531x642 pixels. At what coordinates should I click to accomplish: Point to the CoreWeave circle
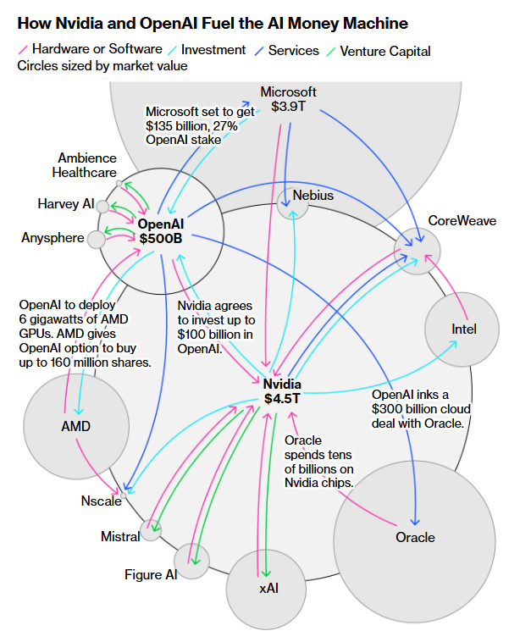click(x=418, y=250)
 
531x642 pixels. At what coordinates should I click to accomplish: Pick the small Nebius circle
click(x=292, y=202)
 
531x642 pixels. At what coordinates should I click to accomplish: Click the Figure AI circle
click(x=191, y=562)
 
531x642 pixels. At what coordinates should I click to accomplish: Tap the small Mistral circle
click(x=151, y=531)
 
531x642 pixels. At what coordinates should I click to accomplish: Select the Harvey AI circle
click(x=102, y=206)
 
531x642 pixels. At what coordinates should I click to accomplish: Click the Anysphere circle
click(x=97, y=240)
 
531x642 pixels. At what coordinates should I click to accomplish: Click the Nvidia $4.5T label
click(x=282, y=391)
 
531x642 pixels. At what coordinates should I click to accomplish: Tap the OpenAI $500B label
click(x=161, y=231)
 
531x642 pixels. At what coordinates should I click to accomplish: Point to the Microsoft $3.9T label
click(x=288, y=99)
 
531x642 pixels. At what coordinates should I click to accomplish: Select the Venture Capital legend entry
click(x=379, y=51)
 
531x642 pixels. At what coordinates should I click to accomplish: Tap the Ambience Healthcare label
click(x=87, y=165)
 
